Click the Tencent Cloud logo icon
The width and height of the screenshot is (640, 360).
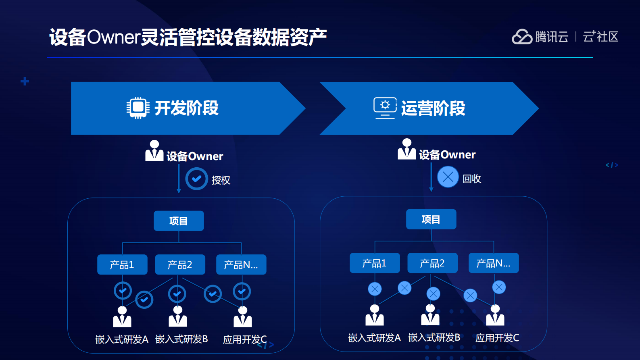pyautogui.click(x=522, y=37)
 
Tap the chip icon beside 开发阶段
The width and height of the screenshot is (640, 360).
pyautogui.click(x=138, y=108)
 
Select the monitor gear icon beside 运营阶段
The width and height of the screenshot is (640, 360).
pyautogui.click(x=385, y=108)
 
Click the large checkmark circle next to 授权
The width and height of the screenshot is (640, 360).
pyautogui.click(x=196, y=179)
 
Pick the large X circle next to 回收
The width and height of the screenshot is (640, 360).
pyautogui.click(x=448, y=177)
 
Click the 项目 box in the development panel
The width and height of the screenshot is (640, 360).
pyautogui.click(x=179, y=221)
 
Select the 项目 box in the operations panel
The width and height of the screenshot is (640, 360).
pyautogui.click(x=431, y=219)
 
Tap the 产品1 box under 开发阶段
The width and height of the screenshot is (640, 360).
pyautogui.click(x=122, y=264)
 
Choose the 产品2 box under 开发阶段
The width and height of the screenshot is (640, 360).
pyautogui.click(x=180, y=264)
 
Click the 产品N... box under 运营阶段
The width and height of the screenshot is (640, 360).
pyautogui.click(x=494, y=263)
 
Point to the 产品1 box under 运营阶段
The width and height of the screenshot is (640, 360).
pyautogui.click(x=375, y=263)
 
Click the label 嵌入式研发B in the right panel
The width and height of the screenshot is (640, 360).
pyautogui.click(x=434, y=337)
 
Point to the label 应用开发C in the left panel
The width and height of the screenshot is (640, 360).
pyautogui.click(x=245, y=339)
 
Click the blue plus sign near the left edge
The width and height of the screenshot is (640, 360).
pyautogui.click(x=25, y=81)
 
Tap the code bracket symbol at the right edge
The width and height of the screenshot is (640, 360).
pyautogui.click(x=611, y=165)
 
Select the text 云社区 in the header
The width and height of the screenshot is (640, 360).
pyautogui.click(x=600, y=37)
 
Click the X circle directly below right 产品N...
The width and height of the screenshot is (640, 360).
pyautogui.click(x=499, y=287)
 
